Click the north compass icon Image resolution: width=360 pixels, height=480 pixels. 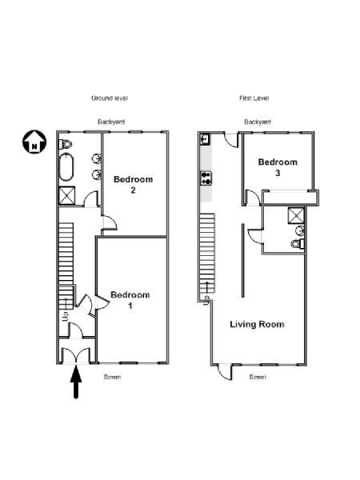(34, 142)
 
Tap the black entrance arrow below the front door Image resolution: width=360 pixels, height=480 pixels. (76, 382)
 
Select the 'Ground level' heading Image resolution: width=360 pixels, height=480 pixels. (110, 98)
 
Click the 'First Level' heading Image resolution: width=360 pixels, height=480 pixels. (254, 98)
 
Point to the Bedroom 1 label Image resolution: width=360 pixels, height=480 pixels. (130, 300)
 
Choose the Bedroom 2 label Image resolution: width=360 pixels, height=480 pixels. (133, 184)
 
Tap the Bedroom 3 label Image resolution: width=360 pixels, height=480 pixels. (278, 167)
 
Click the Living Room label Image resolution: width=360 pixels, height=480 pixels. (257, 324)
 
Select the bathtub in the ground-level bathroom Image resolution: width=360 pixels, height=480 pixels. (66, 167)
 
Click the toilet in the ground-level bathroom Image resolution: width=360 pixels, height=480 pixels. (65, 144)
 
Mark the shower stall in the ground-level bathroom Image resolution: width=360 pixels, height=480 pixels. (67, 196)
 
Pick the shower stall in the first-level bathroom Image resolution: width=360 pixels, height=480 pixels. (296, 216)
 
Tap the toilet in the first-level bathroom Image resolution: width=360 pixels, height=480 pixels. (298, 244)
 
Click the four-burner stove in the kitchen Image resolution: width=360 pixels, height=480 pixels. (206, 178)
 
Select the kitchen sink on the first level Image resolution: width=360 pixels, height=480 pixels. (205, 139)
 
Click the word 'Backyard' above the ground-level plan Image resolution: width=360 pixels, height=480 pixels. (111, 122)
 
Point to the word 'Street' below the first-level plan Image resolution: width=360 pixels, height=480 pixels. (258, 377)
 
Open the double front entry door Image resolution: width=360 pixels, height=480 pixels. (76, 355)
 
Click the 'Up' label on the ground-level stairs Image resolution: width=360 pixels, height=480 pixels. (66, 316)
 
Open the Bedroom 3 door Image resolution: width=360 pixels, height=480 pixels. (254, 198)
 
